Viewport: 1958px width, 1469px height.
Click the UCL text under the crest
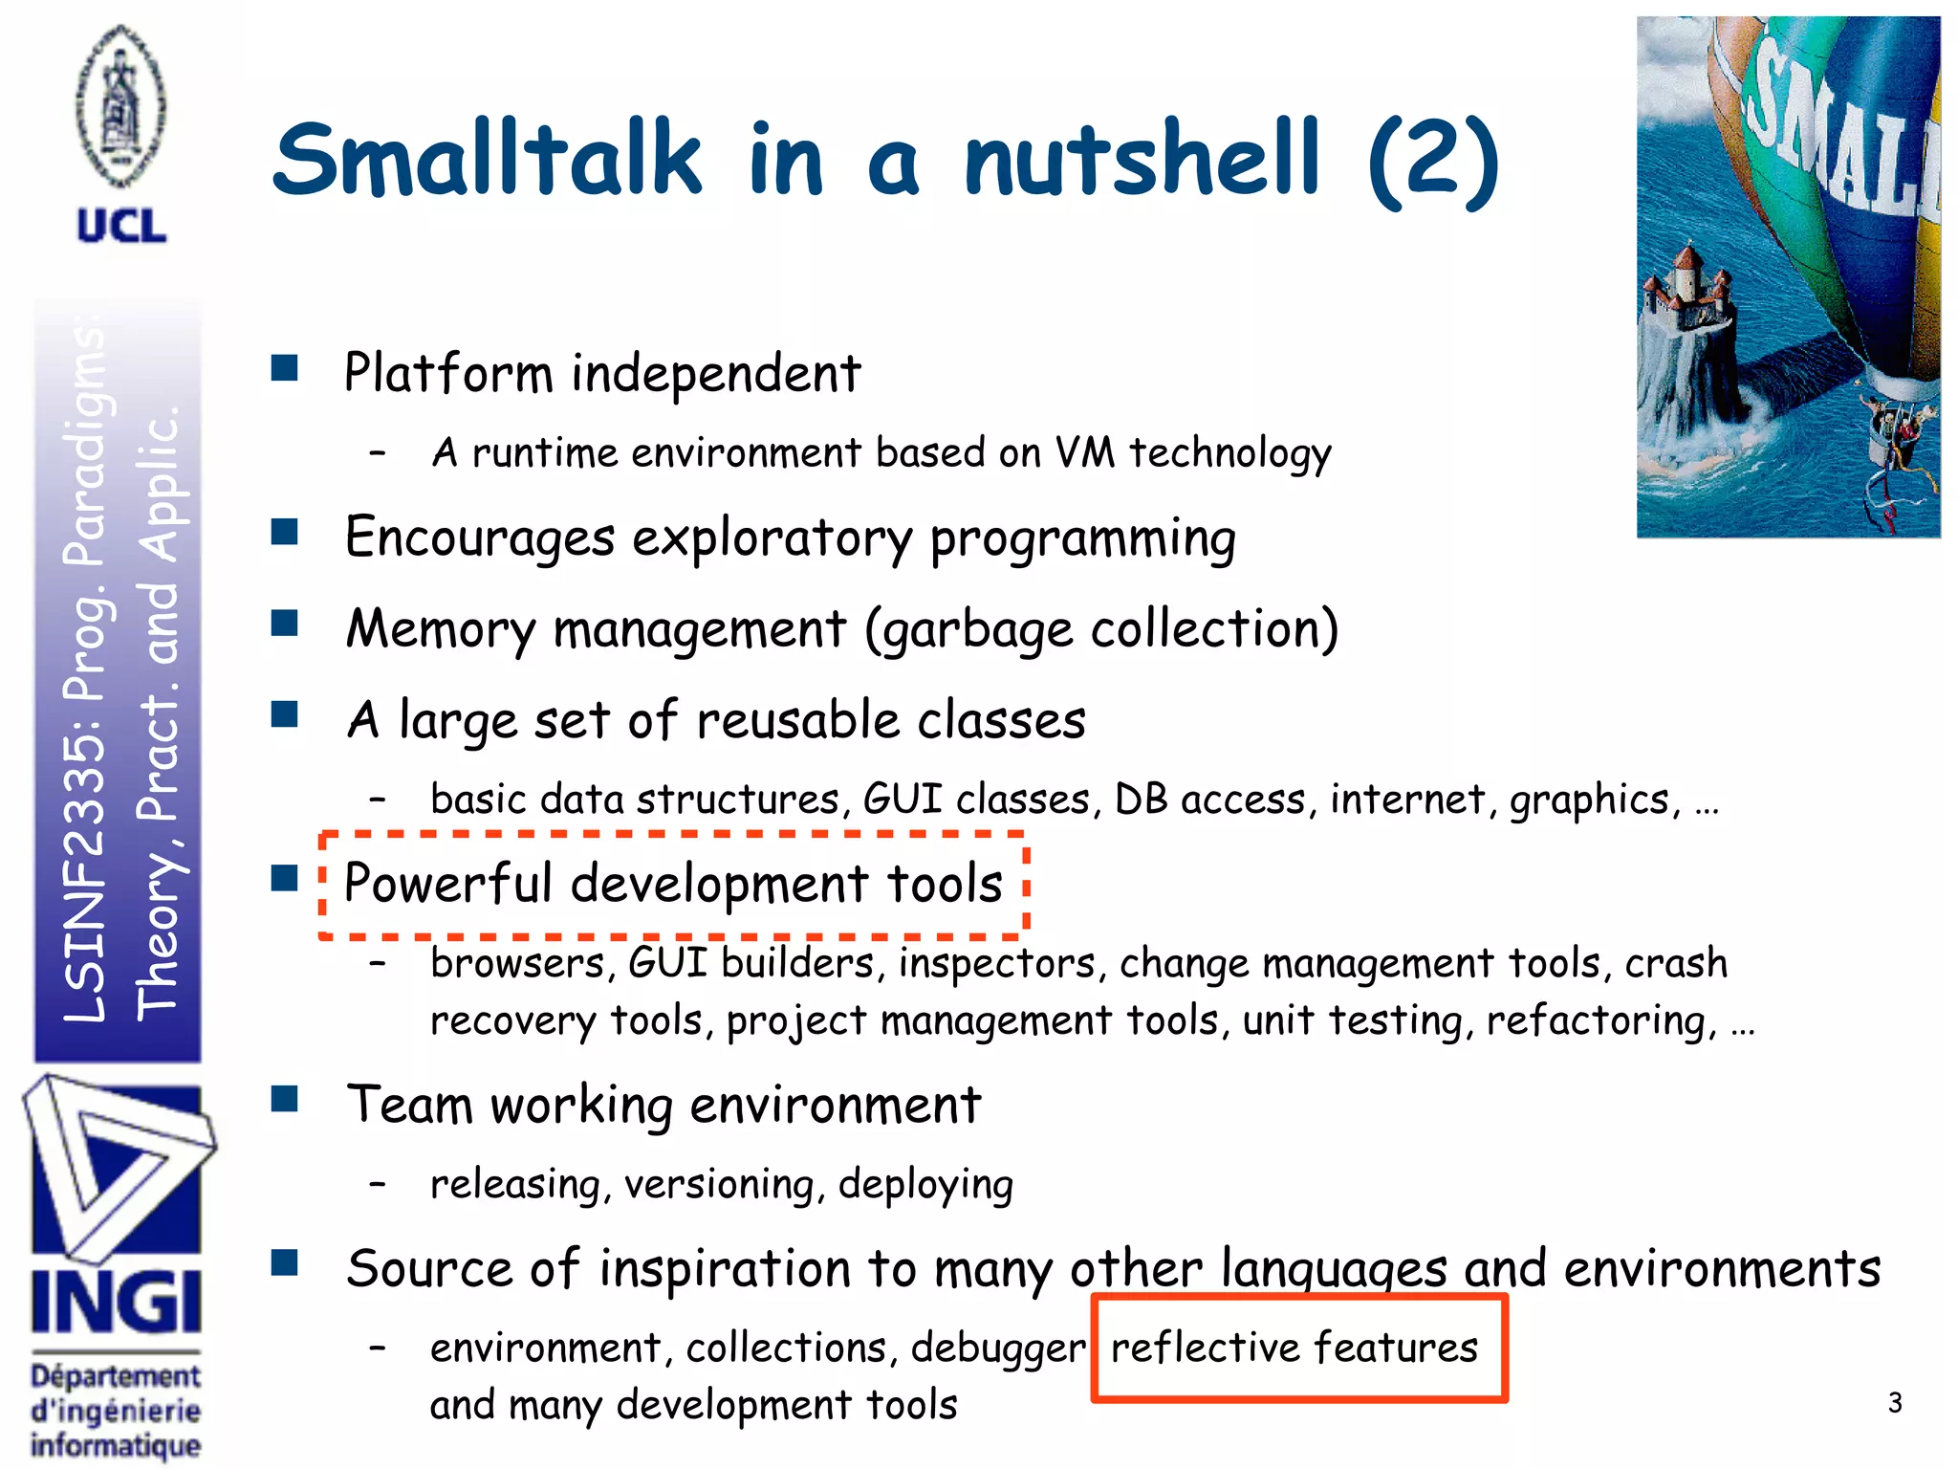pyautogui.click(x=121, y=227)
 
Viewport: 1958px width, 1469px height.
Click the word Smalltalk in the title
pyautogui.click(x=488, y=160)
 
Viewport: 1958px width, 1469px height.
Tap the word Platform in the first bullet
pyautogui.click(x=448, y=373)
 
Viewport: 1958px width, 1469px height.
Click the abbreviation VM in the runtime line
pyautogui.click(x=1084, y=452)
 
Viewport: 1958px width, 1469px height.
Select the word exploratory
pyautogui.click(x=772, y=538)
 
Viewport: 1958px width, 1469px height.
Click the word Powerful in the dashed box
pyautogui.click(x=447, y=883)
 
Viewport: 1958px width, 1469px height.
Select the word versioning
pyautogui.click(x=720, y=1185)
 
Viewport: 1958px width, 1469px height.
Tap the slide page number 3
pyautogui.click(x=1895, y=1403)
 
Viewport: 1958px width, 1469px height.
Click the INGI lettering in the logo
pyautogui.click(x=117, y=1302)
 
